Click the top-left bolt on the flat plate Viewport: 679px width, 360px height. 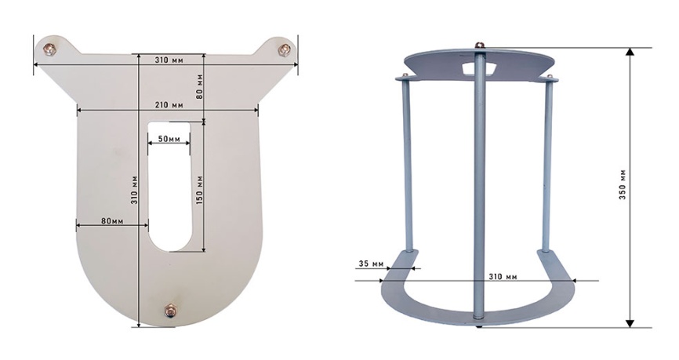49,49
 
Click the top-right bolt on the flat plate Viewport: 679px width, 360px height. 284,49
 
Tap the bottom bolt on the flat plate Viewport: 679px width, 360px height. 170,311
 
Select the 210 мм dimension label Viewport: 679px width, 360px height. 169,105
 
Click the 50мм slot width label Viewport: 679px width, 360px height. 169,139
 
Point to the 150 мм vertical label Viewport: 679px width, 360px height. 200,191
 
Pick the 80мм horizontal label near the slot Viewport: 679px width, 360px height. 112,221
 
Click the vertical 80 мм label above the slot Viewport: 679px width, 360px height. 199,86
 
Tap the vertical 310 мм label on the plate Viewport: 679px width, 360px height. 134,191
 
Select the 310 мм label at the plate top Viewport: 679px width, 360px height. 169,60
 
